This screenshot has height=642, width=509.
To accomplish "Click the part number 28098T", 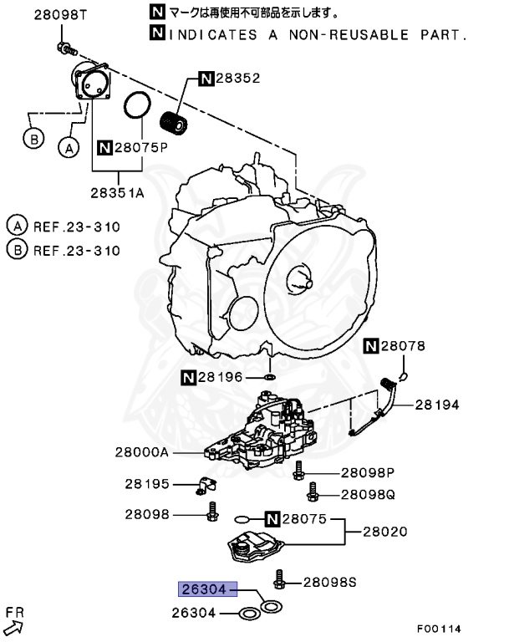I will coord(60,15).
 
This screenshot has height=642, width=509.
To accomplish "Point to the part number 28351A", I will coord(118,191).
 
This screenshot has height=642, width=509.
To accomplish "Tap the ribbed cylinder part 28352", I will coord(174,119).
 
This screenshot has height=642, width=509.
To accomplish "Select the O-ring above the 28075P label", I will coord(137,106).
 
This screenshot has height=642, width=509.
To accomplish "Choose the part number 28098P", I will coord(367,471).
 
